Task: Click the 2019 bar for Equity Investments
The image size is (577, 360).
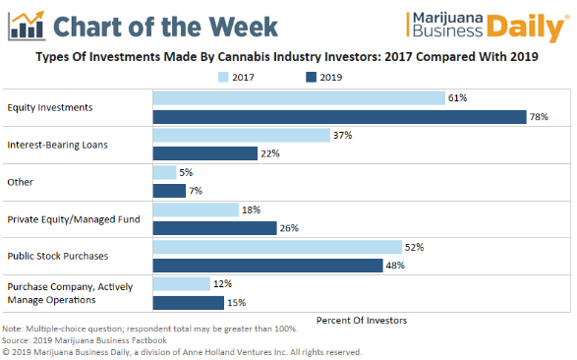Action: tap(339, 116)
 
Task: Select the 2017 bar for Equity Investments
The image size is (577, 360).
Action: tap(298, 97)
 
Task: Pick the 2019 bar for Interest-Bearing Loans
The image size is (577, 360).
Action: tap(204, 153)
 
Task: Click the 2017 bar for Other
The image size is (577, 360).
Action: tap(164, 172)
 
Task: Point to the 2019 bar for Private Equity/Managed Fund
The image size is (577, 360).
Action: tap(214, 227)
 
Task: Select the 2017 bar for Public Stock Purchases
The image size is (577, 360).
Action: tap(276, 247)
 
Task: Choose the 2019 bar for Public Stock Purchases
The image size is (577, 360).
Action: tap(266, 266)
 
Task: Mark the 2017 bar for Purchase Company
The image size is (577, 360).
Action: tap(181, 284)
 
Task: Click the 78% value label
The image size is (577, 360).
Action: tap(539, 116)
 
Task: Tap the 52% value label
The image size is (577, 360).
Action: tap(414, 247)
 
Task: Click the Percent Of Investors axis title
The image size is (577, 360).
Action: tap(361, 321)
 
